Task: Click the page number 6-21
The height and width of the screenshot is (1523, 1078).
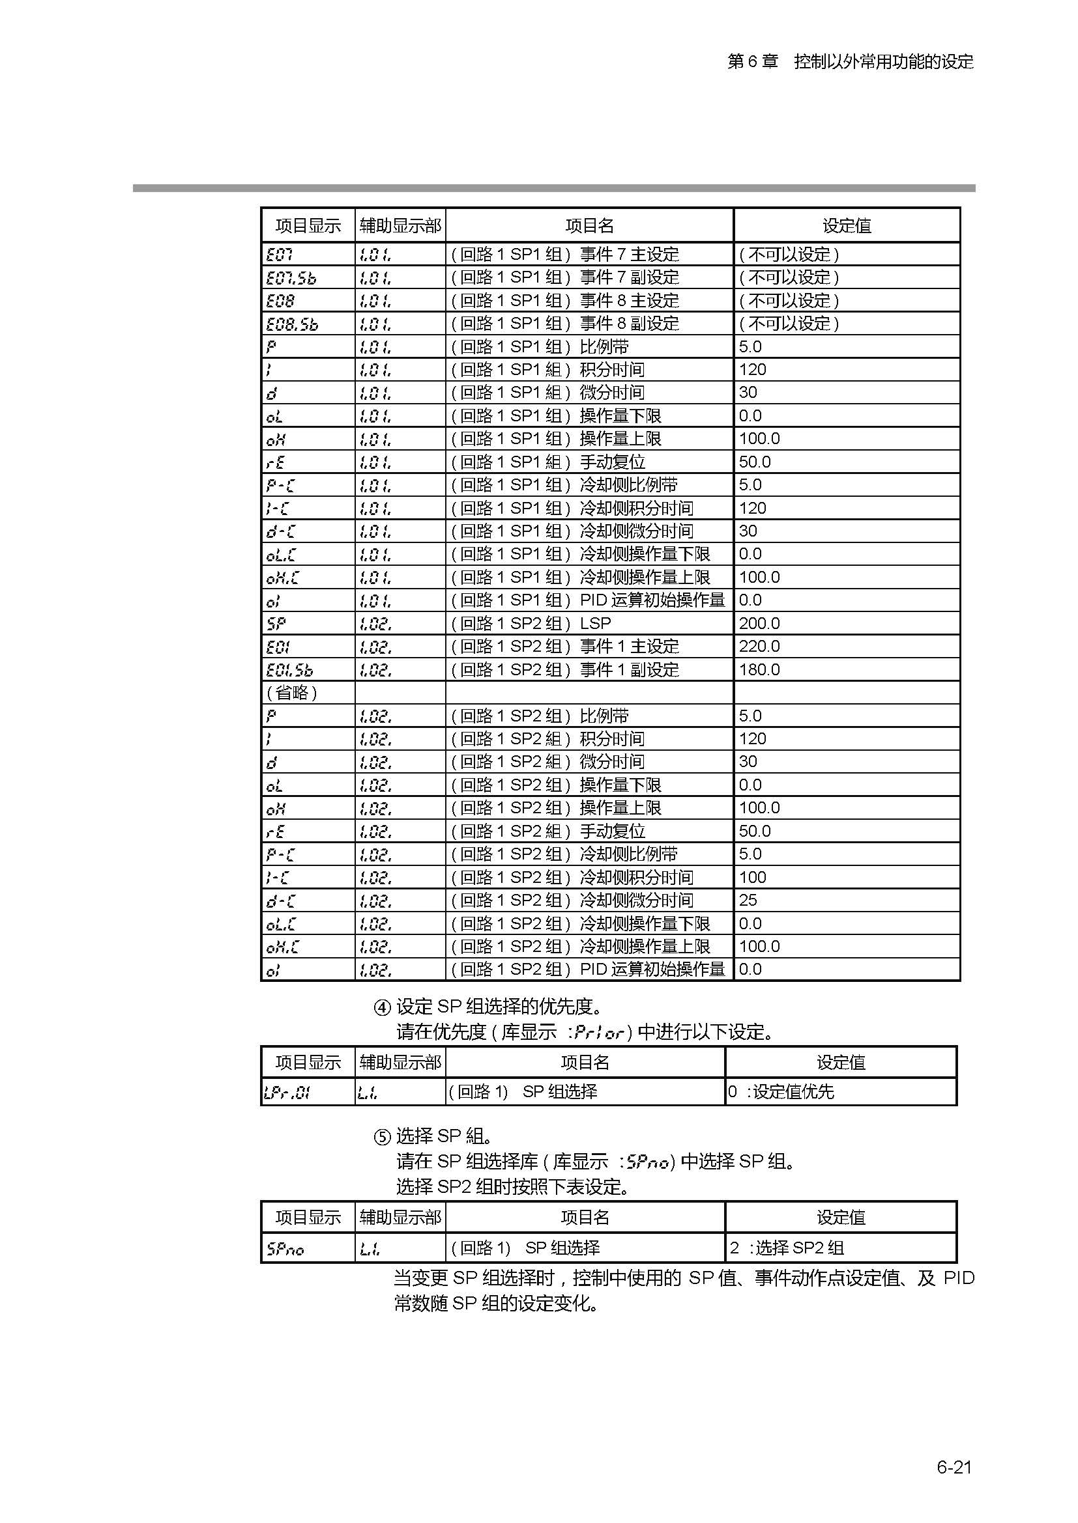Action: [954, 1466]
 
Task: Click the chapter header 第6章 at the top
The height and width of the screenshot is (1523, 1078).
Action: [752, 62]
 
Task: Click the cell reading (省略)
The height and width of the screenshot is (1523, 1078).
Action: [291, 693]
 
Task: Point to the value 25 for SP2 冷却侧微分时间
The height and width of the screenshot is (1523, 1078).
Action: [748, 900]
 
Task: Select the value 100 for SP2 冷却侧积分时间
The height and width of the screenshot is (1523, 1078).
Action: [752, 877]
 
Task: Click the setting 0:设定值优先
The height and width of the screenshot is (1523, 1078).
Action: [781, 1091]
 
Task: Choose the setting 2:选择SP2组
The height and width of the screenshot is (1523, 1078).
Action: [787, 1248]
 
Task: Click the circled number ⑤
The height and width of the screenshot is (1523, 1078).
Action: [382, 1138]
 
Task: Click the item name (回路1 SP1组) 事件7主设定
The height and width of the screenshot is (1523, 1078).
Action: [565, 254]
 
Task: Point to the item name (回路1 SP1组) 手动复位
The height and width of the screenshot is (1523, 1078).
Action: [548, 462]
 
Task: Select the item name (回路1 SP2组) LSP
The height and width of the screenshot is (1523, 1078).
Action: [531, 624]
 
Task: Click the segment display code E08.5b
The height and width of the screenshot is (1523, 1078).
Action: [291, 324]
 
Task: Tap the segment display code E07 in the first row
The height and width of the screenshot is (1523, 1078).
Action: [279, 254]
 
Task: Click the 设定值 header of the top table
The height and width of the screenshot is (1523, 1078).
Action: [847, 226]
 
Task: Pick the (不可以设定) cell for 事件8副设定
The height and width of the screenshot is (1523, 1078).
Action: [789, 324]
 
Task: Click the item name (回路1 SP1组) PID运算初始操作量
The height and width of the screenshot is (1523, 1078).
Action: [588, 600]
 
